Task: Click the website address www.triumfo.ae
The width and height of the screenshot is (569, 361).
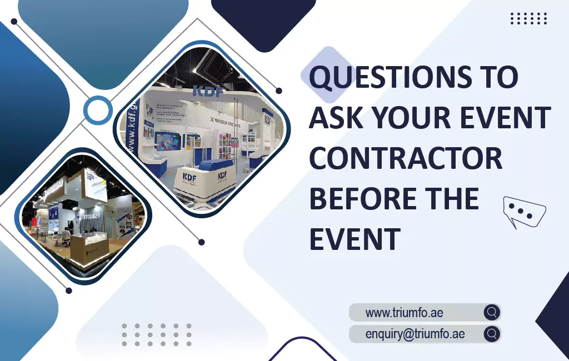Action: (x=404, y=313)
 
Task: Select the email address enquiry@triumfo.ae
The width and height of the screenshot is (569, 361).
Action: (x=415, y=334)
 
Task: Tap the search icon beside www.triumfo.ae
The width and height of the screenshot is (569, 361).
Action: (x=491, y=312)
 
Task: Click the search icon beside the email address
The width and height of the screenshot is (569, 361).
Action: (x=491, y=334)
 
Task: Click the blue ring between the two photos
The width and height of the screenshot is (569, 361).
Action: (x=98, y=110)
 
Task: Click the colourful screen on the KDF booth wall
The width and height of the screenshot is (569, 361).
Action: (x=168, y=141)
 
